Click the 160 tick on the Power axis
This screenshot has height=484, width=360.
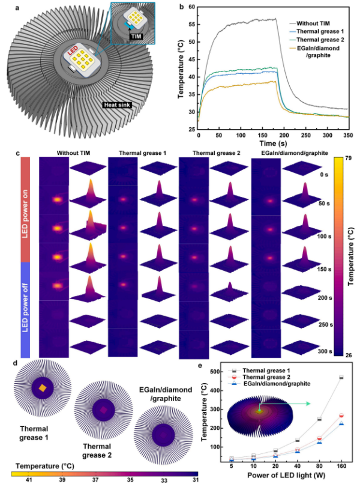point(341,466)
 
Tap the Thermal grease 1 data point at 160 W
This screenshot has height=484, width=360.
point(341,378)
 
